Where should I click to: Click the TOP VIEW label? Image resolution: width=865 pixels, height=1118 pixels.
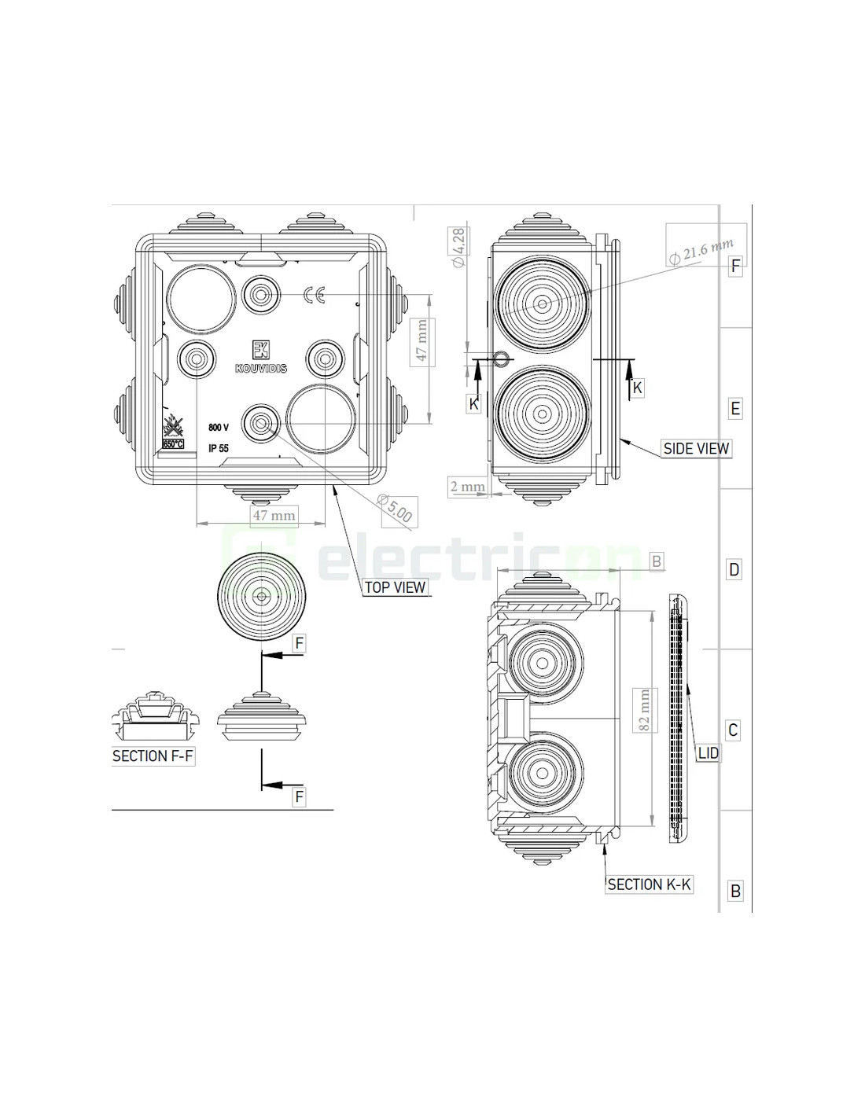click(x=395, y=587)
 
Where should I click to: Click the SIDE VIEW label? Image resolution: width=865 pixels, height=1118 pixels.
click(x=696, y=448)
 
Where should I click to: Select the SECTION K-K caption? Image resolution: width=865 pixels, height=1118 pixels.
click(x=649, y=884)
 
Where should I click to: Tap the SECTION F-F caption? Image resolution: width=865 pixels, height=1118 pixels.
click(x=153, y=756)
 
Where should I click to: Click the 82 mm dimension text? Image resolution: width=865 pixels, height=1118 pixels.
click(x=644, y=711)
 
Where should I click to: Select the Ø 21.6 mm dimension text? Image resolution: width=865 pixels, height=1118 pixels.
click(x=702, y=251)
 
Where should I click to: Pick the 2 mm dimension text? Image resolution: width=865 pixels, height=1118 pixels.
click(x=468, y=486)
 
